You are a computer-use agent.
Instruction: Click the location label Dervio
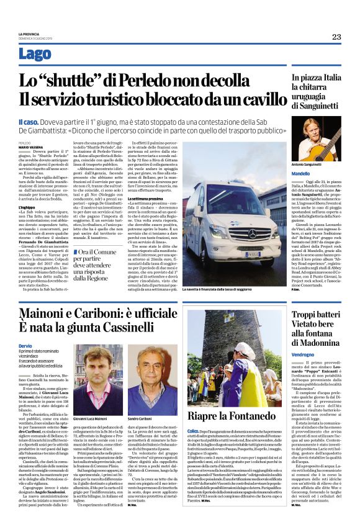[x=25, y=345]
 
